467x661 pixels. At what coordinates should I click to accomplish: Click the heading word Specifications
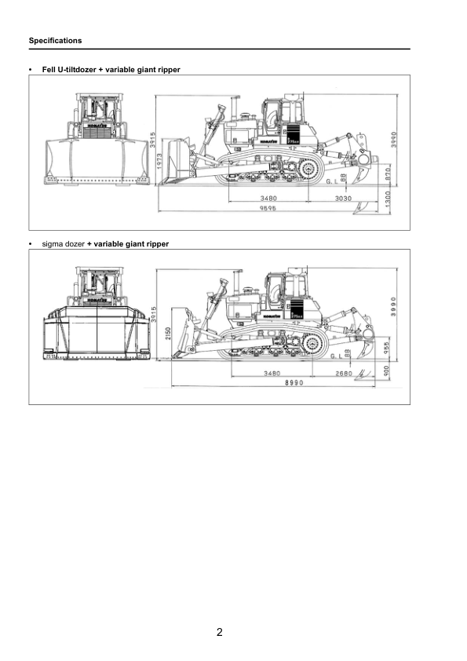pos(55,40)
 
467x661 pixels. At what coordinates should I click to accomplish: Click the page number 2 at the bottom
pos(220,631)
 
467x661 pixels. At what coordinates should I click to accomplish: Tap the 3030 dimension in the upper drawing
pos(343,199)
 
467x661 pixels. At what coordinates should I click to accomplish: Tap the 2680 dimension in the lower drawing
pos(344,372)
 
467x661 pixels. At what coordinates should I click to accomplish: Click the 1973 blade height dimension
pos(160,164)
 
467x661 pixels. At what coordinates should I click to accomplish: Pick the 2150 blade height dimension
pos(166,334)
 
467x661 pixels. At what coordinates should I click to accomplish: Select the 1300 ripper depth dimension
pos(389,201)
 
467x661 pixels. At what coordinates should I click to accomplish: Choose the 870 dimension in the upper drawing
pos(389,174)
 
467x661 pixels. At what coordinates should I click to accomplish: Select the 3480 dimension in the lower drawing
pos(272,372)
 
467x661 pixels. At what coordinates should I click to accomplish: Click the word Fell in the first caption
pos(49,70)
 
